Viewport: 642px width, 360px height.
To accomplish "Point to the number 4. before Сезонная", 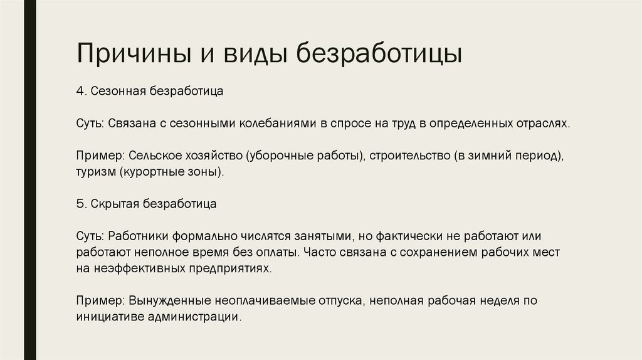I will click(82, 91).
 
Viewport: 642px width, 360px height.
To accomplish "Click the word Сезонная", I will click(118, 91).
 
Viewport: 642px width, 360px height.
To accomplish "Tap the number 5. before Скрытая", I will click(82, 204).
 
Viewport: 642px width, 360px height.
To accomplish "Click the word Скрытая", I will click(116, 204).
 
